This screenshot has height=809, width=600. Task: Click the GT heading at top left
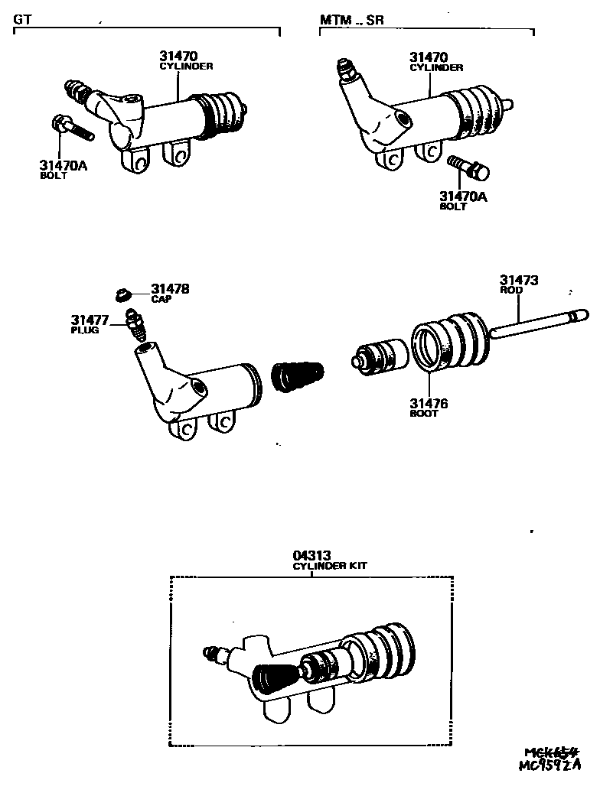coord(22,20)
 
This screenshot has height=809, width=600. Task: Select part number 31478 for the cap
coord(170,289)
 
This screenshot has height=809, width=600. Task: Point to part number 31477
coord(90,320)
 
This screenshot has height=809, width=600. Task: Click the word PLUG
coord(85,330)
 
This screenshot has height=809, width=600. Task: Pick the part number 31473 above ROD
coord(519,281)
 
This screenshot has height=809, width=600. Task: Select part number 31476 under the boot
coord(429,404)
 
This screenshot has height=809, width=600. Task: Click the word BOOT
coord(424,414)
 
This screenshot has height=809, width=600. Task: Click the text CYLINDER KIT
coord(330,567)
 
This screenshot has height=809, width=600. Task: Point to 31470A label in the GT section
coord(64,165)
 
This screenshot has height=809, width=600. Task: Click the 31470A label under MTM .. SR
coord(463,197)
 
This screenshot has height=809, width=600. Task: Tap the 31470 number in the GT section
coord(179,56)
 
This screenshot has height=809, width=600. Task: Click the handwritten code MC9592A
coord(550,765)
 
